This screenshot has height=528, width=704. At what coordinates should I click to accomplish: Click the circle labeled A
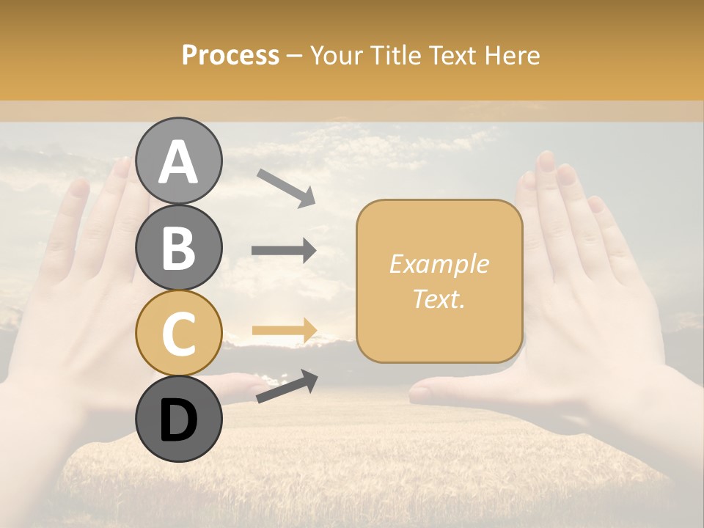click(x=178, y=161)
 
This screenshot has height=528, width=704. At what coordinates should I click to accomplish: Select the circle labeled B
click(x=178, y=247)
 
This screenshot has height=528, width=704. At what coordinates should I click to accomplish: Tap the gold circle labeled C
click(x=178, y=333)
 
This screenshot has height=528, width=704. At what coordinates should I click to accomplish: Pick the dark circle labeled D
click(x=178, y=419)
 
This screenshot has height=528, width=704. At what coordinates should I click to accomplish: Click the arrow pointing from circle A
click(x=286, y=188)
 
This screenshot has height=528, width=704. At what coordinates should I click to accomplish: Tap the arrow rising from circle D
click(x=287, y=386)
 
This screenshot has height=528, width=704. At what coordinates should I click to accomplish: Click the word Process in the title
click(x=230, y=56)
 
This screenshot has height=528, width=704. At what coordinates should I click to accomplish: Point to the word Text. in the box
click(x=439, y=298)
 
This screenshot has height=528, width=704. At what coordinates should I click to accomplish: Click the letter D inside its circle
click(x=178, y=420)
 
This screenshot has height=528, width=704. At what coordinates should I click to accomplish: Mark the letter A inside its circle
click(x=178, y=161)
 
